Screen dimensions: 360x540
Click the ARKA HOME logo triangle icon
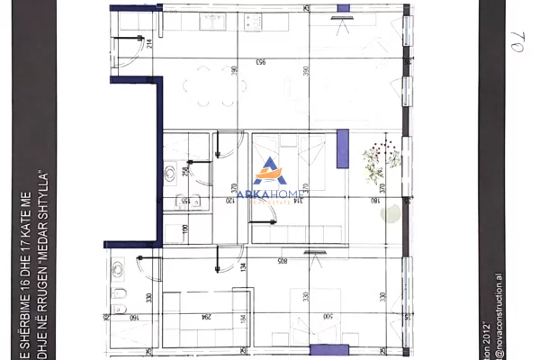click(269, 168)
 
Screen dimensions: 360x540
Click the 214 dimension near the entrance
click(149, 42)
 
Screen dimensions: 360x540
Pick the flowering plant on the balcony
click(378, 162)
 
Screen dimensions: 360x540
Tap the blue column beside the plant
click(342, 147)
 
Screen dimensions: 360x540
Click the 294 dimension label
click(208, 316)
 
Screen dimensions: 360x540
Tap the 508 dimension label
click(283, 262)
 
